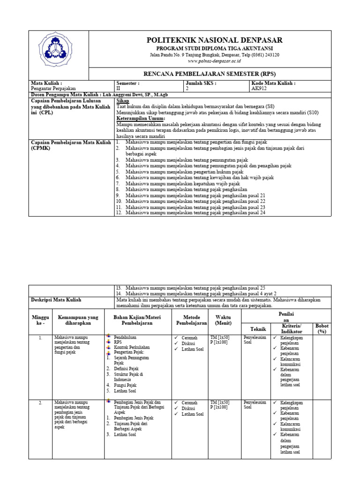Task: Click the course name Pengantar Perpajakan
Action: (52, 88)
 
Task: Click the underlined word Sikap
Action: (122, 101)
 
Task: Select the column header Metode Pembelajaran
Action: (191, 321)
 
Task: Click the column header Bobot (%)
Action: (322, 328)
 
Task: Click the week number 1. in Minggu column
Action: (41, 337)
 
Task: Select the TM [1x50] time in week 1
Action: (219, 337)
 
